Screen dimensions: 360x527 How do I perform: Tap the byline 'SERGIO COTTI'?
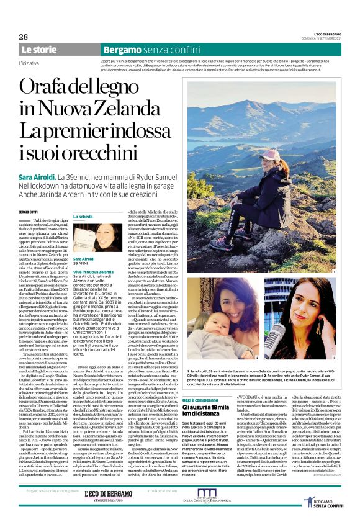coord(29,212)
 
